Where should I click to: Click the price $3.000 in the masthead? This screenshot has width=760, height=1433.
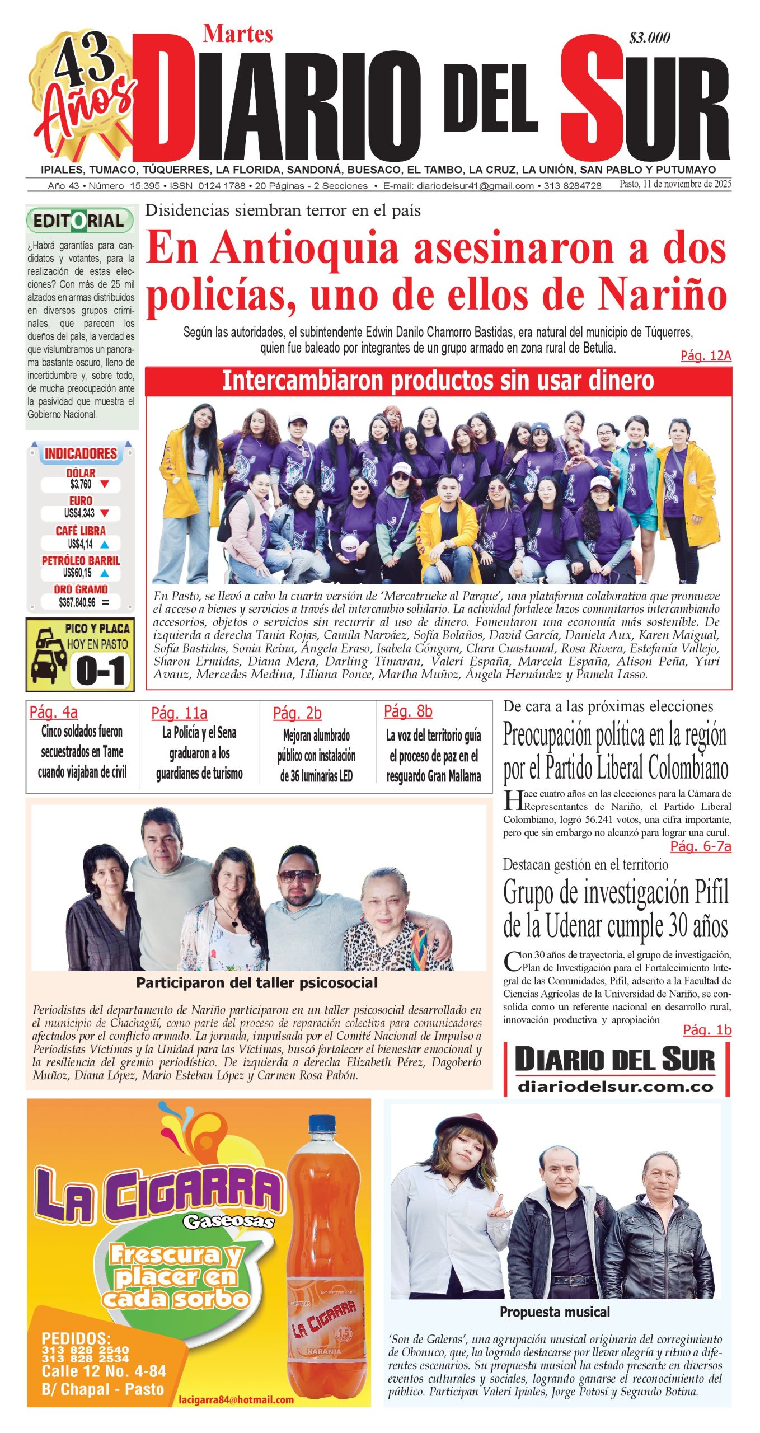click(649, 38)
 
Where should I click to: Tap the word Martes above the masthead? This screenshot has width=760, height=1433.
click(238, 34)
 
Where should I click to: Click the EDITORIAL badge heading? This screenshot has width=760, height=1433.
click(79, 221)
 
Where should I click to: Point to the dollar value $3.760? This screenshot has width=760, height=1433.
click(81, 484)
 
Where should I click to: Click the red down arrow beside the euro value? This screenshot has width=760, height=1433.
click(104, 513)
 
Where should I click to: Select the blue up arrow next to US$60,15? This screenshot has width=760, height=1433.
click(104, 573)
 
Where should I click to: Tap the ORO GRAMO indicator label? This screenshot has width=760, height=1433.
click(81, 589)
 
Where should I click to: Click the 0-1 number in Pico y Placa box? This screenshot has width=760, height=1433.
click(101, 671)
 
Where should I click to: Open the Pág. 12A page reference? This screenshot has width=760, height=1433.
click(705, 355)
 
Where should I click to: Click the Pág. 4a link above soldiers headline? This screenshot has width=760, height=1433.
click(54, 712)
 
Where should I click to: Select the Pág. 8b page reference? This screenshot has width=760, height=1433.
click(408, 711)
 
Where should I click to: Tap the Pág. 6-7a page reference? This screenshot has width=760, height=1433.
click(700, 846)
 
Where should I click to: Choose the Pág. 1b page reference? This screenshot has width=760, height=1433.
click(707, 1029)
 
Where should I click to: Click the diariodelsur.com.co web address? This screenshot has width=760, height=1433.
click(616, 1087)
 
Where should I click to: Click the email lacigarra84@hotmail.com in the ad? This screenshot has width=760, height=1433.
click(236, 1399)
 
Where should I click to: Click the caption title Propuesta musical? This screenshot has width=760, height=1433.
click(555, 1312)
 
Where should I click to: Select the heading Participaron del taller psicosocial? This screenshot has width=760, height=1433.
click(257, 982)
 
